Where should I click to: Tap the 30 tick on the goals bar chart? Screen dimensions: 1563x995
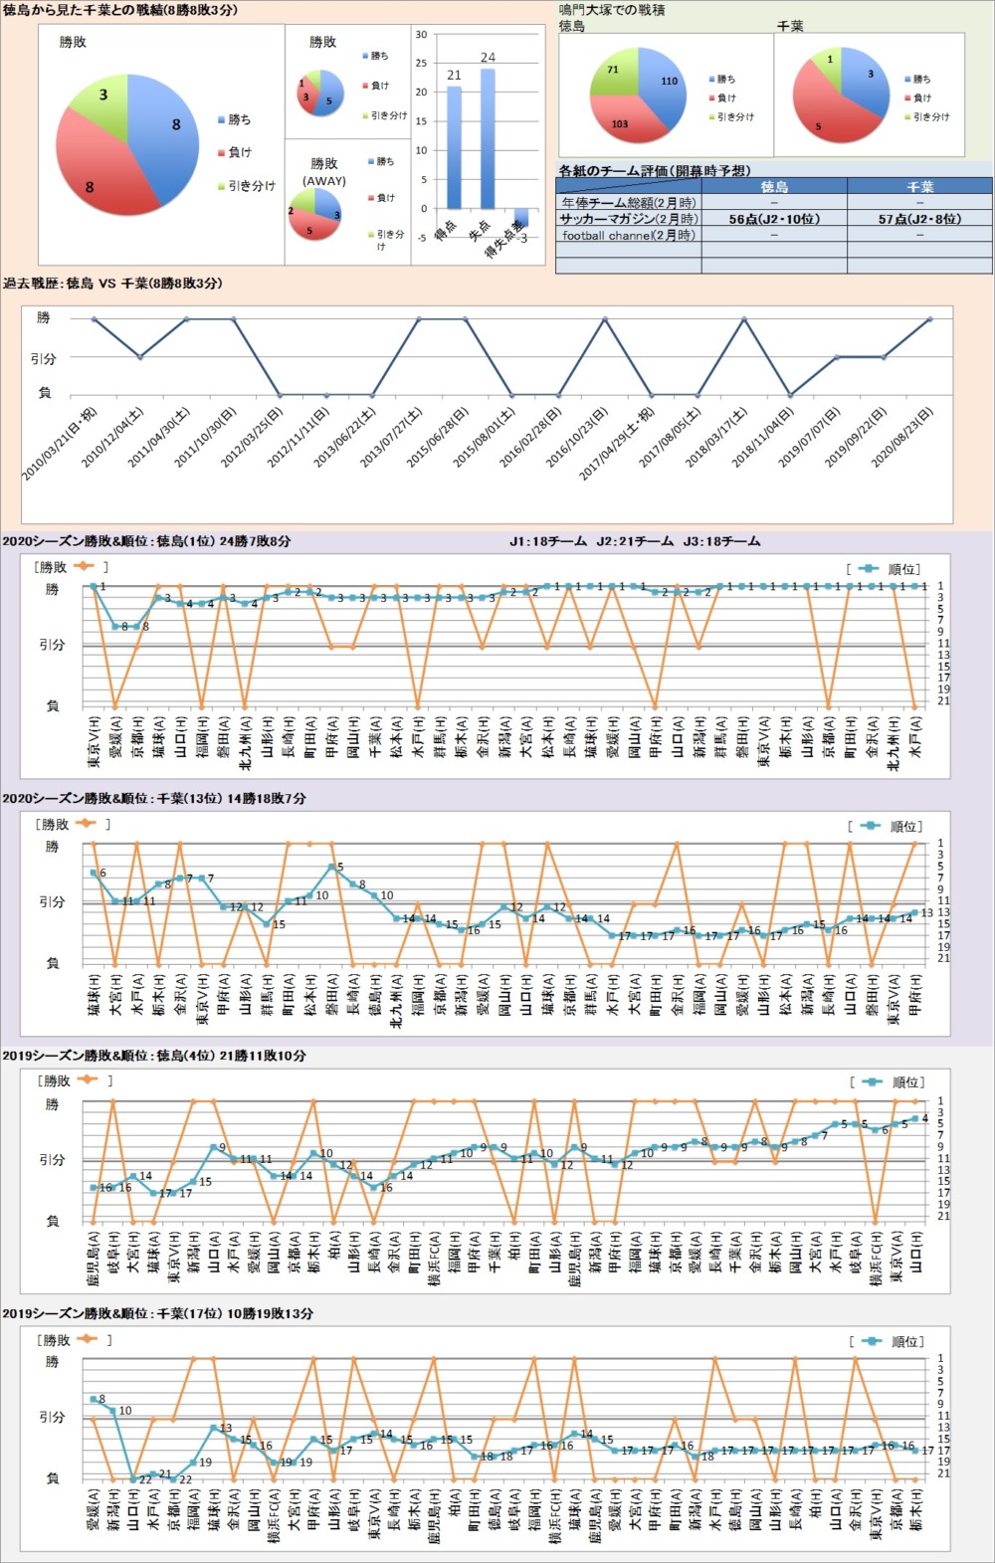coord(421,35)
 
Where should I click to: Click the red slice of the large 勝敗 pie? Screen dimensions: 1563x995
coord(95,169)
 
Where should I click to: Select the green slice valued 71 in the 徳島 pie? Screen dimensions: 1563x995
coord(617,74)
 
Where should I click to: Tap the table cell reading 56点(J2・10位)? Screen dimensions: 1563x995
coord(774,219)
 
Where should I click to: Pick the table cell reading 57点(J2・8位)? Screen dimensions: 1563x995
coord(919,219)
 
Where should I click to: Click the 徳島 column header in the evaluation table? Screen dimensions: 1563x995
coord(774,187)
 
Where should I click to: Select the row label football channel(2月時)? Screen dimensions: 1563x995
coord(629,236)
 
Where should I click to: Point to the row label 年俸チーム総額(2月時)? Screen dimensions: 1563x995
coord(629,203)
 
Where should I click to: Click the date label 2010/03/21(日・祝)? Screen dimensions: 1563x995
coord(60,444)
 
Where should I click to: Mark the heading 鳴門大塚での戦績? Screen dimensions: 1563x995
coord(612,10)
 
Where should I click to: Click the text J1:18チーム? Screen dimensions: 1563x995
coord(547,542)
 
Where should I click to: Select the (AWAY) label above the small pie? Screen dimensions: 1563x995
coord(324,181)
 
